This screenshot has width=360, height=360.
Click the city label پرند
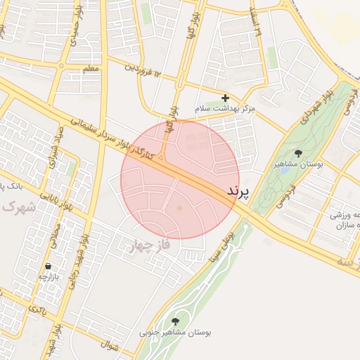239,192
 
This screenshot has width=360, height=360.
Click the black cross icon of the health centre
225,98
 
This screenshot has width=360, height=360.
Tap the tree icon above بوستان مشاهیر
298,153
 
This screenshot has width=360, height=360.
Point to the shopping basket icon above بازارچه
48,266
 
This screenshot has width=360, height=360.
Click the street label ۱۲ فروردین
143,70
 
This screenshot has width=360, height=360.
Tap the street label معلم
90,69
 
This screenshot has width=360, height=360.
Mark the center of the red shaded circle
180,180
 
